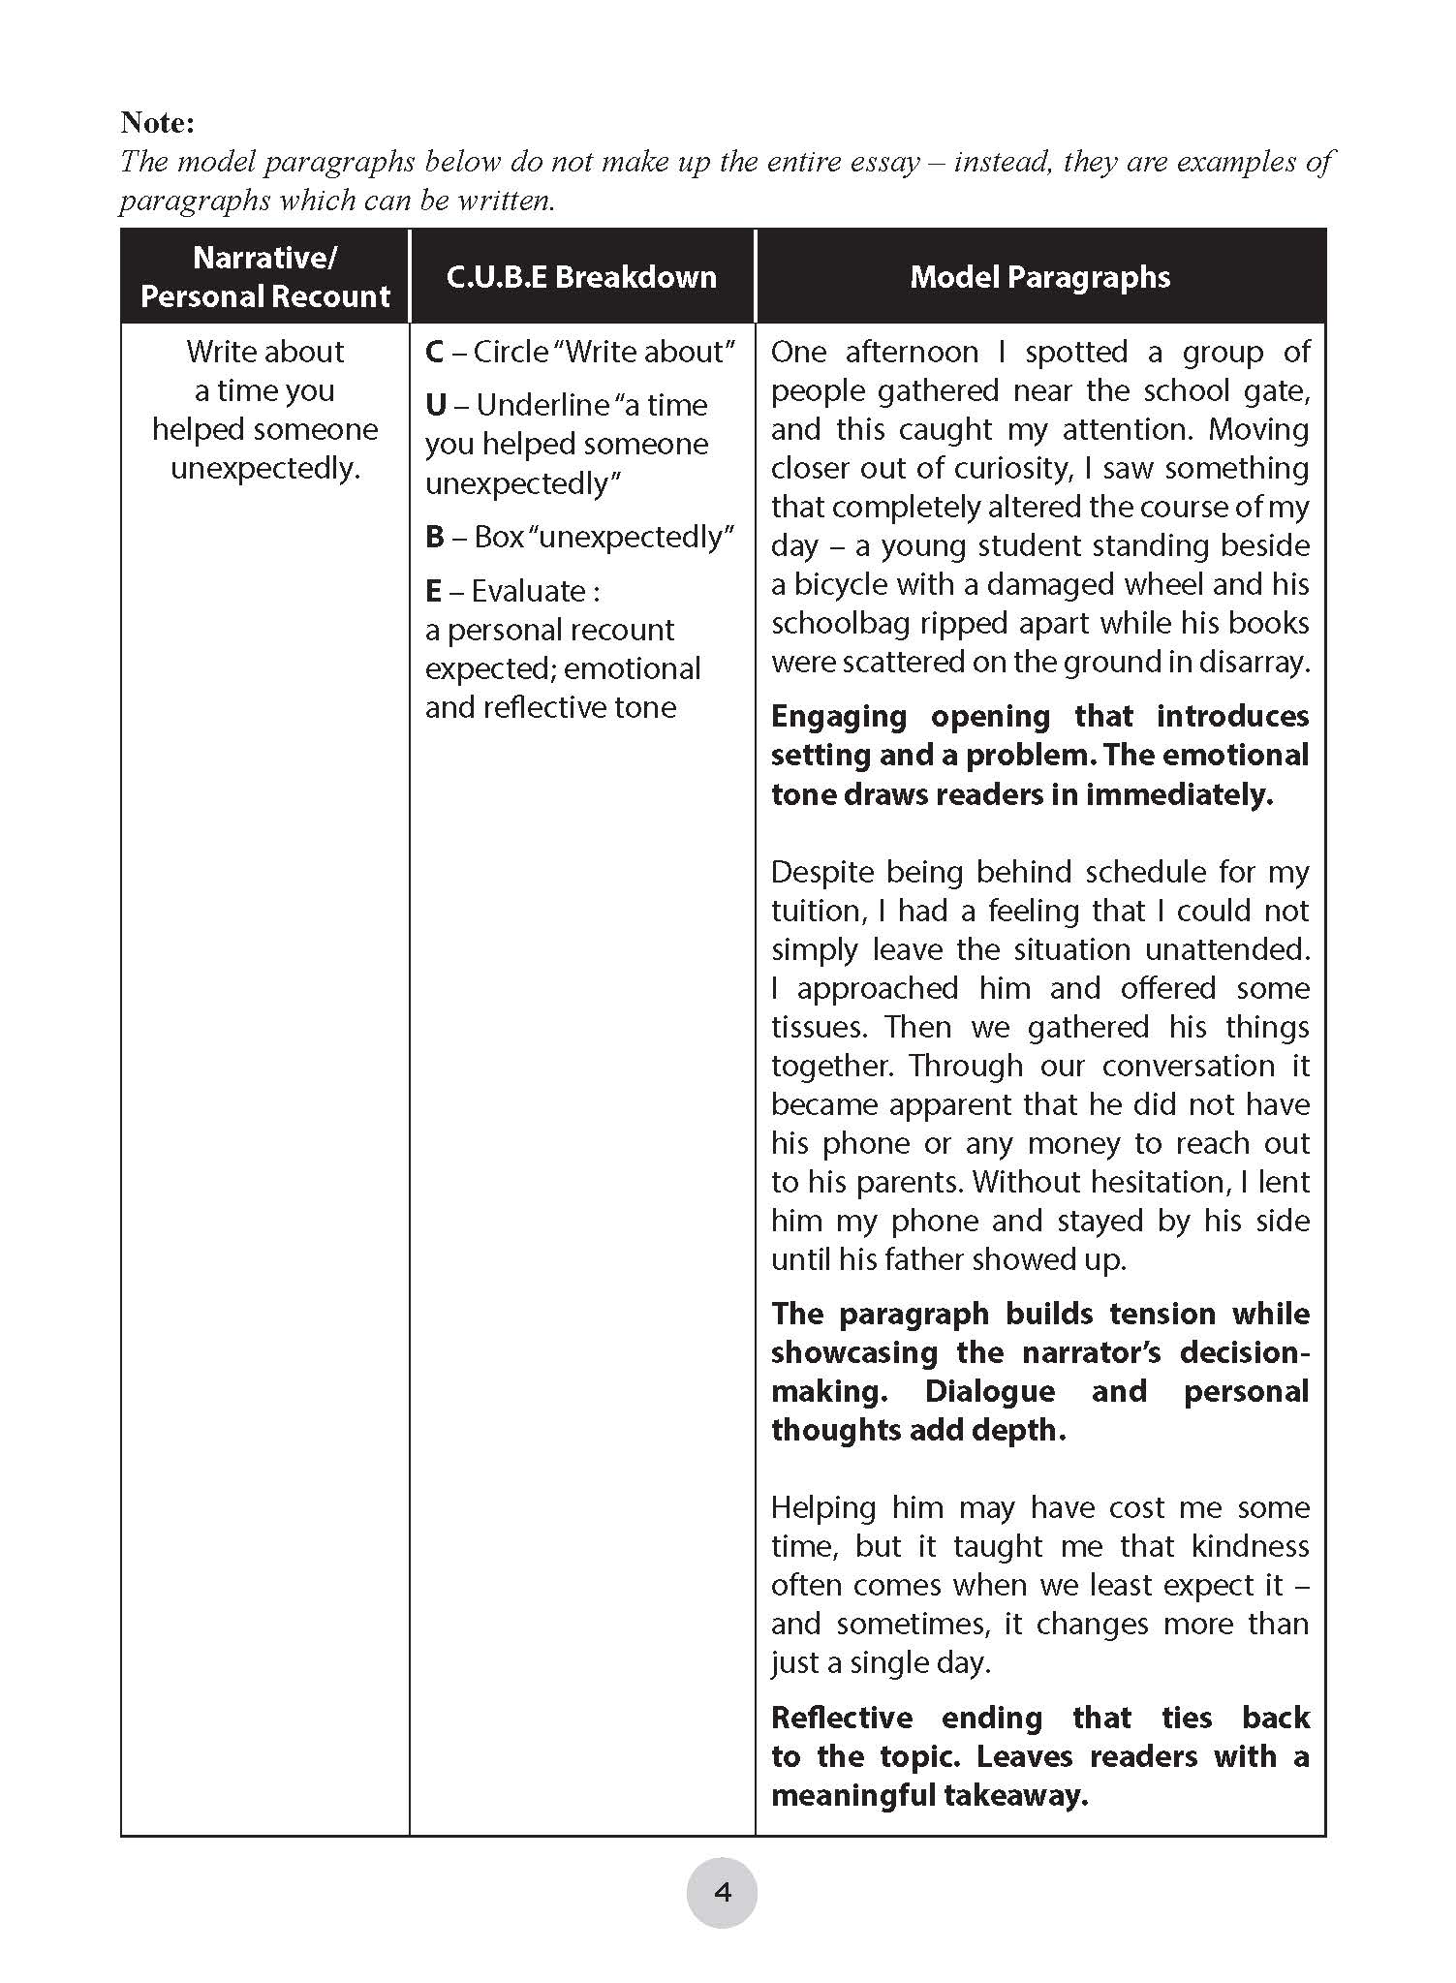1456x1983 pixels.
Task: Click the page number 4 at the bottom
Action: pos(722,1892)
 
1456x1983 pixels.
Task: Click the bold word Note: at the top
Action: pos(157,123)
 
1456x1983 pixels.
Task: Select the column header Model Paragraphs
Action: pos(1039,277)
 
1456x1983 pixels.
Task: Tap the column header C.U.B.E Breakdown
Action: pos(581,277)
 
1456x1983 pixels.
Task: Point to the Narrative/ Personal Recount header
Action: pos(264,277)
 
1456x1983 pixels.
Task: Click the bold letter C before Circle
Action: pos(435,352)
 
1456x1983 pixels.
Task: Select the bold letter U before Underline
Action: pos(436,405)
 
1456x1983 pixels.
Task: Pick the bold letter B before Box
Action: pos(435,537)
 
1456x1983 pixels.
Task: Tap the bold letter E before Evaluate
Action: pos(433,591)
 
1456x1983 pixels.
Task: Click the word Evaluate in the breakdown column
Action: pos(528,591)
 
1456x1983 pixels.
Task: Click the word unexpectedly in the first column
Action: pos(264,469)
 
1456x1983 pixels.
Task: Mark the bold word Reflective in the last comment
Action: pos(841,1718)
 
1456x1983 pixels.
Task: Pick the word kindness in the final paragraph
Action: pos(1250,1546)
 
